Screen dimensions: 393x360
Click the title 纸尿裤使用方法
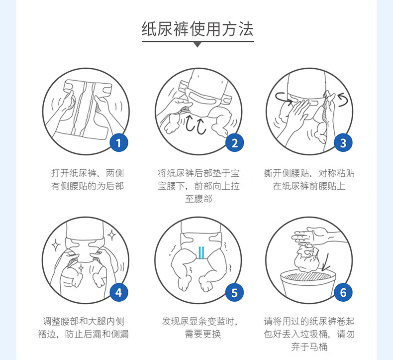tap(197, 29)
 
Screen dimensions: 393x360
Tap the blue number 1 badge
tap(119, 143)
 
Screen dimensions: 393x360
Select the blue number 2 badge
tap(234, 143)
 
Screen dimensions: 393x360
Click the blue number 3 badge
tap(343, 143)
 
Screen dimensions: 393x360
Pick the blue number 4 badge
tap(119, 292)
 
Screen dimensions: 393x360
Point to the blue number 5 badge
tap(234, 292)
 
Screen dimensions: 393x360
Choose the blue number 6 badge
tap(343, 292)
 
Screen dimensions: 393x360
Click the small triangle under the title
tap(198, 45)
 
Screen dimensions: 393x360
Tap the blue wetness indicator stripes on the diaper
tap(201, 252)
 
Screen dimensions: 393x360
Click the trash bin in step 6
tap(308, 286)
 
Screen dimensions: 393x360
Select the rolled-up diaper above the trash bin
tap(306, 258)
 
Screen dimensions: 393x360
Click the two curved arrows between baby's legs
tap(196, 124)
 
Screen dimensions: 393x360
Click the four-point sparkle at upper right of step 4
tap(111, 235)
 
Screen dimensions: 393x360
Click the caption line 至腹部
tap(199, 199)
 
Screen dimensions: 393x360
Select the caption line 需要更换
tap(202, 334)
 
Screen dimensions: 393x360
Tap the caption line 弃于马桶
tap(309, 347)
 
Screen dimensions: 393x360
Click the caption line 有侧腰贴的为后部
tap(88, 186)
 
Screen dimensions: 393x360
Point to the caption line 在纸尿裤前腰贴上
tap(309, 186)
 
